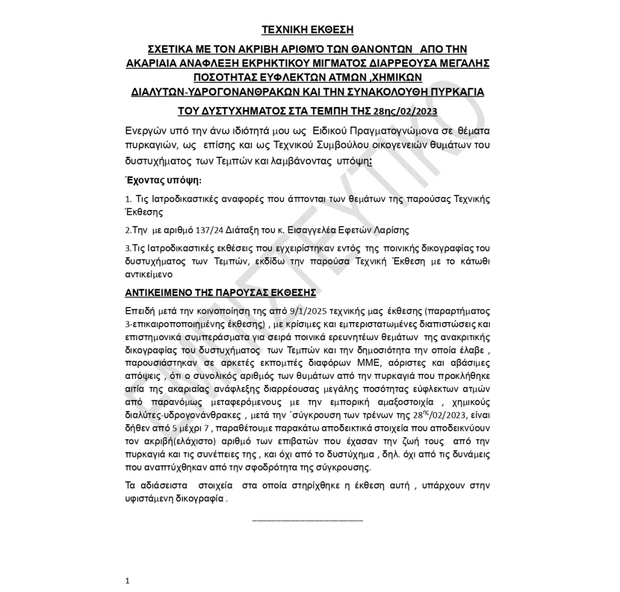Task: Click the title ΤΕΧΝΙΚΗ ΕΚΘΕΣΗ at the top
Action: pos(307,30)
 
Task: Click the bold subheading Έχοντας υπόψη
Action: pos(163,180)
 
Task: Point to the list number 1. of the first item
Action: pos(128,199)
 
